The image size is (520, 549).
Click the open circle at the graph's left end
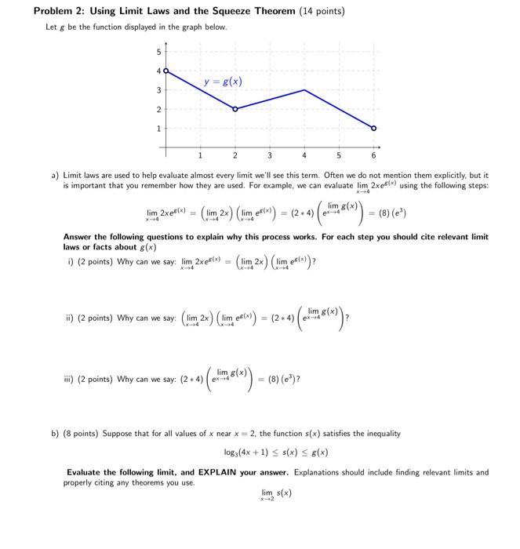(x=165, y=71)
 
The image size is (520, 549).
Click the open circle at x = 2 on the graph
(x=235, y=108)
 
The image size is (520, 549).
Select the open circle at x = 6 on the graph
(x=373, y=128)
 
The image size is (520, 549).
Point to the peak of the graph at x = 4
(x=304, y=89)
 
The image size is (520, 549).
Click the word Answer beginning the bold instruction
(x=78, y=236)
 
